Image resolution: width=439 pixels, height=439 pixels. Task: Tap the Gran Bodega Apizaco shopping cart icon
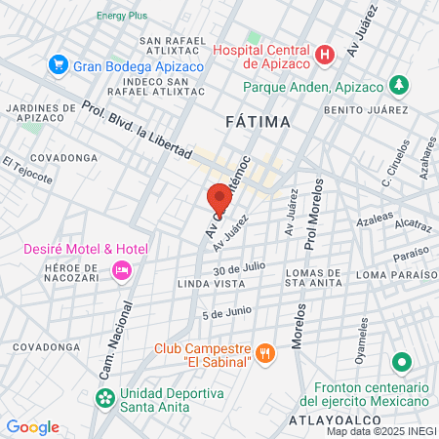point(58,65)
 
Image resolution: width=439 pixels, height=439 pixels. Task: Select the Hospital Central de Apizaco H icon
point(325,55)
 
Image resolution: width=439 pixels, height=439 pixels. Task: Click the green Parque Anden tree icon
point(398,85)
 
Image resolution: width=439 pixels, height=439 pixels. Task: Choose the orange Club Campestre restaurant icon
point(263,352)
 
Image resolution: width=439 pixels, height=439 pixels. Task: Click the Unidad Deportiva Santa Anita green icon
point(104,398)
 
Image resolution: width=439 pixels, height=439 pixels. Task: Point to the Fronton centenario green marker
point(400,364)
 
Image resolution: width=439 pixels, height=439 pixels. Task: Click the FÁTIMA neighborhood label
point(257,122)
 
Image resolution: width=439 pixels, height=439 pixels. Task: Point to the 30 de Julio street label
point(240,267)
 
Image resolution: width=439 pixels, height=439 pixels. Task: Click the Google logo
point(33,426)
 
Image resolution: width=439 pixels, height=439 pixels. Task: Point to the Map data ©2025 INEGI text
point(380,431)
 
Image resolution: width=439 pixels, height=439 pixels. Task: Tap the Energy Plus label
point(122,16)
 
